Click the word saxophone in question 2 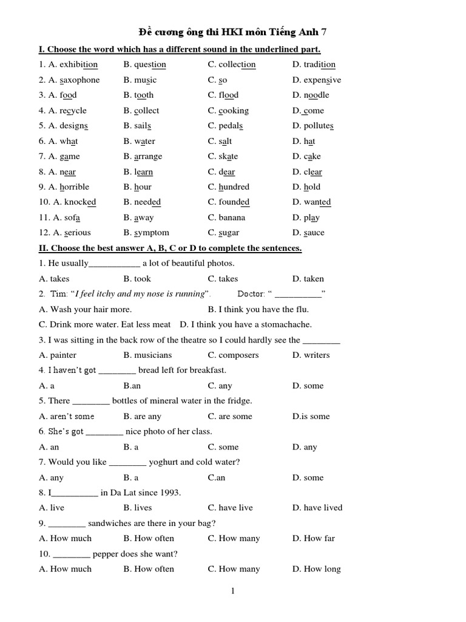[x=79, y=80]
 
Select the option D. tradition [x=314, y=64]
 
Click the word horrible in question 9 [x=74, y=186]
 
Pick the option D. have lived [x=317, y=508]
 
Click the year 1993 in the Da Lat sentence [x=169, y=493]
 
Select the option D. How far [x=313, y=538]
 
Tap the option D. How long [x=316, y=569]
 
